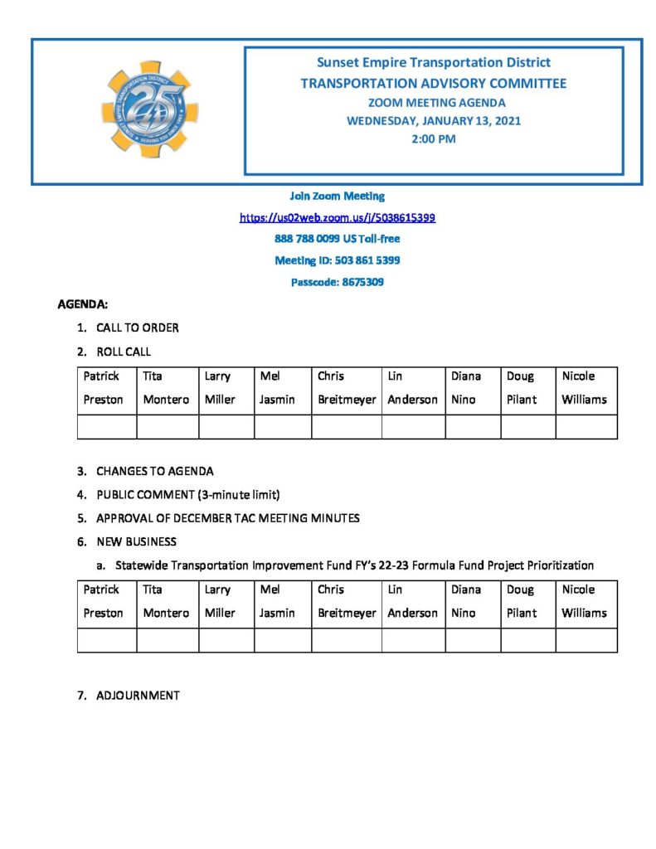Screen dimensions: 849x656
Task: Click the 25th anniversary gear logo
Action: coord(149,109)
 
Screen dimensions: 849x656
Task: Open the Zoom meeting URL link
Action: coord(338,217)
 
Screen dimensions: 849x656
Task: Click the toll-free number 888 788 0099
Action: coord(337,239)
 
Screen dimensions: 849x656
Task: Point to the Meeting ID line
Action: coord(338,260)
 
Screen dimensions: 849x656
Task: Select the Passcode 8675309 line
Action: coord(337,282)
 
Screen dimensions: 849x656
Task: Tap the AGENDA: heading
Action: coord(83,305)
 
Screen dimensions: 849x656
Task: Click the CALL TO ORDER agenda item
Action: coord(137,327)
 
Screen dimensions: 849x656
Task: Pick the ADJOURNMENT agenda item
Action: coord(138,695)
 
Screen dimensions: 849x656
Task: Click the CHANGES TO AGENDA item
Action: coord(154,471)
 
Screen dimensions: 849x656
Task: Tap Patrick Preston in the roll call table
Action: coord(104,387)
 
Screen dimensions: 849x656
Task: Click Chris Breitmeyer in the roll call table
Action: coord(347,387)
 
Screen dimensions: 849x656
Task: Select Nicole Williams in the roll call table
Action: coord(585,387)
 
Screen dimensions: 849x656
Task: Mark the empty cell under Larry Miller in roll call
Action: coord(226,426)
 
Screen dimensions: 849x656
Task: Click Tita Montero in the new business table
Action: coord(166,601)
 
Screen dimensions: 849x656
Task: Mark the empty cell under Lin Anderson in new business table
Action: coord(412,640)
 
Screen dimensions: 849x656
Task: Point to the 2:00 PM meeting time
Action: coord(433,139)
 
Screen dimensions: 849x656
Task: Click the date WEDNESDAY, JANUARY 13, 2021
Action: coord(433,121)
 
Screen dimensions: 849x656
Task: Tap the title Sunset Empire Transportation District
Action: coord(433,62)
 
